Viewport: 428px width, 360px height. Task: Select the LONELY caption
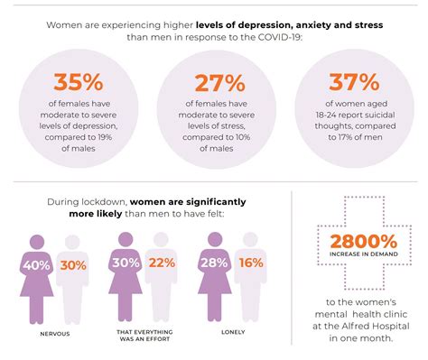233,332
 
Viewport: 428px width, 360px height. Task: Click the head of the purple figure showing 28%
215,239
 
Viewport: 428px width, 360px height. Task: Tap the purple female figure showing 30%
125,275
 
